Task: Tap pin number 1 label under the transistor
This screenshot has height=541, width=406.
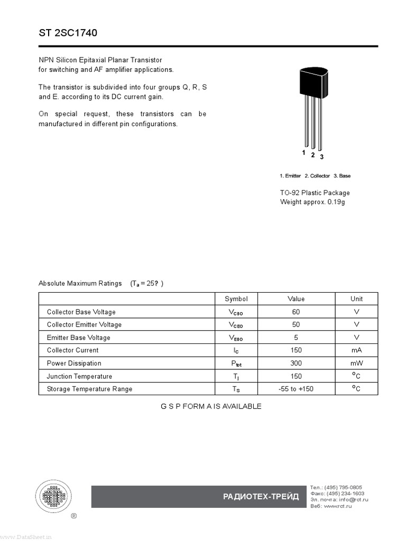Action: [x=303, y=153]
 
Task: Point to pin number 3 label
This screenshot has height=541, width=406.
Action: [x=321, y=157]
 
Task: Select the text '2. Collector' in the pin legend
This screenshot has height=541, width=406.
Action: [x=317, y=176]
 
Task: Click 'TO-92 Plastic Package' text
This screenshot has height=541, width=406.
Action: [x=315, y=193]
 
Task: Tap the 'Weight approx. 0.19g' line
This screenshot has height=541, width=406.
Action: [x=312, y=202]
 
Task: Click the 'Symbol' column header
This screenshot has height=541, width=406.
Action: [x=236, y=299]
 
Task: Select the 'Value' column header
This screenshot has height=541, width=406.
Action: [x=296, y=299]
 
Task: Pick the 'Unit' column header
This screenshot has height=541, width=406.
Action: [x=356, y=299]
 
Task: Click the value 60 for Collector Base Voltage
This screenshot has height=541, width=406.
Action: [x=296, y=312]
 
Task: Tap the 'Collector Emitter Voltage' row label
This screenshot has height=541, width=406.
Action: [x=84, y=324]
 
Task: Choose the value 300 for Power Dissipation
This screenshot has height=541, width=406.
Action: [x=296, y=363]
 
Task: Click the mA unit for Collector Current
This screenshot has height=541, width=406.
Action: [x=356, y=350]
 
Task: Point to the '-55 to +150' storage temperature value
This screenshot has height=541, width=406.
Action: [x=296, y=389]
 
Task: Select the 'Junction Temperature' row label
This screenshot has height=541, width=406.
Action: [x=79, y=376]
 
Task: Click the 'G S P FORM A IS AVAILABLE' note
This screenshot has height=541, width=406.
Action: [x=211, y=406]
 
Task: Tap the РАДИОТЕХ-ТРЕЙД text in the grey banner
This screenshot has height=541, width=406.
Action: [x=261, y=497]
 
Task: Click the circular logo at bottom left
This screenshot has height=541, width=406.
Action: [x=54, y=496]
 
